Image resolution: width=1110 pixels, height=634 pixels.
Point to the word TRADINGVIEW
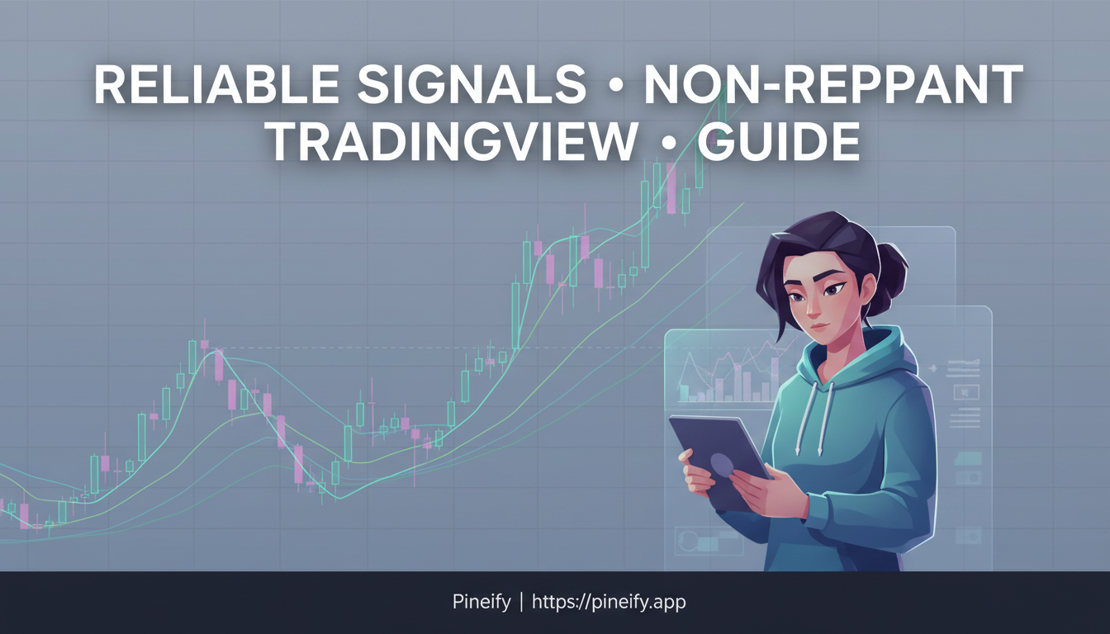pos(453,142)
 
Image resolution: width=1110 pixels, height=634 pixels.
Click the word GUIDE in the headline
pos(779,142)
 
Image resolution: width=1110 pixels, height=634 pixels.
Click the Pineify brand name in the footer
pos(481,602)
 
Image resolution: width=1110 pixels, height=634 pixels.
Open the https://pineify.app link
pos(609,602)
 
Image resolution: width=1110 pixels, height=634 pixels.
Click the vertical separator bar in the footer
pos(520,602)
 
